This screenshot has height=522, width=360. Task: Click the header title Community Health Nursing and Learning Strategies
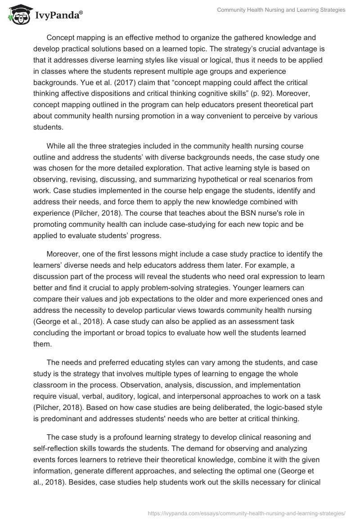click(281, 10)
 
